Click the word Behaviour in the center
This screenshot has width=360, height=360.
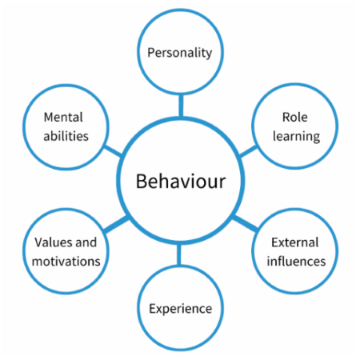pos(181,182)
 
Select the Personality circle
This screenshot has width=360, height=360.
pos(180,54)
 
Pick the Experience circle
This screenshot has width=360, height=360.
pos(180,308)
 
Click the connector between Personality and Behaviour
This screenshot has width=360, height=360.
pos(180,104)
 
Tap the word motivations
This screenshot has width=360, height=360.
pos(67,260)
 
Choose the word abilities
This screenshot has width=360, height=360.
pos(66,135)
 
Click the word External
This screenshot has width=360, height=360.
pos(294,242)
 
